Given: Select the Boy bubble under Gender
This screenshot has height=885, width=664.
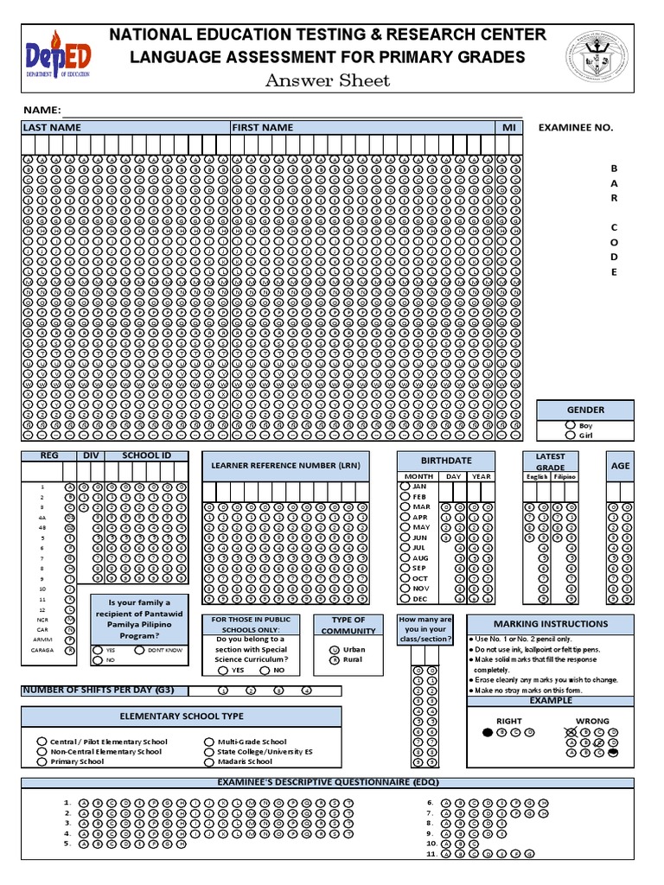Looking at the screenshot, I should coord(569,425).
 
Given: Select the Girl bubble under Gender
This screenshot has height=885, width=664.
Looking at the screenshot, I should coord(569,436).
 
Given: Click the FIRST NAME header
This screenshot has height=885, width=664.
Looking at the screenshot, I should coord(263,128).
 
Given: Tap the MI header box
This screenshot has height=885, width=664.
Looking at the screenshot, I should coord(508,128).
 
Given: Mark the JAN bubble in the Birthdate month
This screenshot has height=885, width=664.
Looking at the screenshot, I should coord(405,487).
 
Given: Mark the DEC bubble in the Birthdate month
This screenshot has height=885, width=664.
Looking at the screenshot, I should coord(405,598).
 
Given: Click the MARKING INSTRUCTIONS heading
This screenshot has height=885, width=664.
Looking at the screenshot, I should coord(550,624).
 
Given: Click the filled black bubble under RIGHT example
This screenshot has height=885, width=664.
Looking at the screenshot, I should coord(488,732).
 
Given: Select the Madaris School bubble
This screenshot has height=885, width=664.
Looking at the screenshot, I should coord(209,761).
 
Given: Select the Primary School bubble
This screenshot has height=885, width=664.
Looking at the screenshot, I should coord(41,761).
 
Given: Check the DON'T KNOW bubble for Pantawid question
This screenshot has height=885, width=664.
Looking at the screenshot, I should coord(139,649).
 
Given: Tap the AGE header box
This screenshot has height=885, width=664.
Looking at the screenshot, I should coord(620,466).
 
